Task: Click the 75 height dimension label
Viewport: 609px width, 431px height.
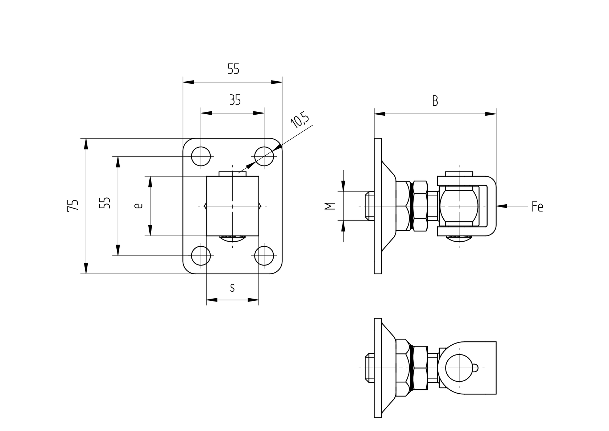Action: pyautogui.click(x=73, y=205)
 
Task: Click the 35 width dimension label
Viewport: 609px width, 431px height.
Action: pyautogui.click(x=235, y=100)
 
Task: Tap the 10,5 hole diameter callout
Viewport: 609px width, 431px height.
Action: pyautogui.click(x=300, y=121)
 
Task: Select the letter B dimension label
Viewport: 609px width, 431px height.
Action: pyautogui.click(x=435, y=101)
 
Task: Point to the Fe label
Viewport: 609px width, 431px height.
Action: pyautogui.click(x=537, y=206)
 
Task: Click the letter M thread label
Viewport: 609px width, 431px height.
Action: pyautogui.click(x=330, y=206)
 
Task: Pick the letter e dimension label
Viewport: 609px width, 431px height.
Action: pyautogui.click(x=138, y=206)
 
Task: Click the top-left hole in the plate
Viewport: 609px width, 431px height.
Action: pyautogui.click(x=201, y=156)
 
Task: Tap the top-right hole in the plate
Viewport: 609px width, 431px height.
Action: pyautogui.click(x=264, y=156)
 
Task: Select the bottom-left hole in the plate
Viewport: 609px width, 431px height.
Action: pyautogui.click(x=201, y=256)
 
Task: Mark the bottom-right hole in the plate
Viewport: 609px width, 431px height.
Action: pyautogui.click(x=264, y=256)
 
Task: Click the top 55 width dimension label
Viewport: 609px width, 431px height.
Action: pyautogui.click(x=233, y=69)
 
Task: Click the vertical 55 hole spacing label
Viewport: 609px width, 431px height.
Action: pyautogui.click(x=105, y=203)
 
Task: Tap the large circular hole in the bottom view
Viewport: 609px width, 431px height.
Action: pyautogui.click(x=458, y=368)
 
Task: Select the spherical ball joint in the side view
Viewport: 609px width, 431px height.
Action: pyautogui.click(x=459, y=206)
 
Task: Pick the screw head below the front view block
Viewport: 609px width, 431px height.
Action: pyautogui.click(x=233, y=239)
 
